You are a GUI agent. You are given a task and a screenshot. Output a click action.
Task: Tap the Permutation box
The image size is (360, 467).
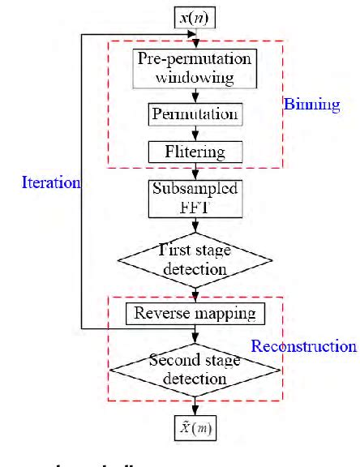coord(195,114)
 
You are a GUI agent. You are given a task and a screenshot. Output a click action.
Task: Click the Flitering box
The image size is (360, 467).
coord(195,152)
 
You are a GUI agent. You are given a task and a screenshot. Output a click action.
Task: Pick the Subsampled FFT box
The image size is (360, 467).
coord(195,197)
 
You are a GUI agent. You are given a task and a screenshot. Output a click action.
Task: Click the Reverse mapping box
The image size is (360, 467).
coord(195,312)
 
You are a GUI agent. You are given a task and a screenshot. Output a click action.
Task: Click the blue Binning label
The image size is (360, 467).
coord(311,105)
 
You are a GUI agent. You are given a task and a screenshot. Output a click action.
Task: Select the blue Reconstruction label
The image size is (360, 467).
coord(303,346)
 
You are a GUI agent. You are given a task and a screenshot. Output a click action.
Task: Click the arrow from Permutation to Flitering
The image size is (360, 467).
coord(195,133)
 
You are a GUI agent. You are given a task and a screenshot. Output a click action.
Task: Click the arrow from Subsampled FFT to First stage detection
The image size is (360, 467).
coord(195,224)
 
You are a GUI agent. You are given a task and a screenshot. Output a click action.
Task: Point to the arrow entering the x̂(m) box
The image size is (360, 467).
coord(195,407)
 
